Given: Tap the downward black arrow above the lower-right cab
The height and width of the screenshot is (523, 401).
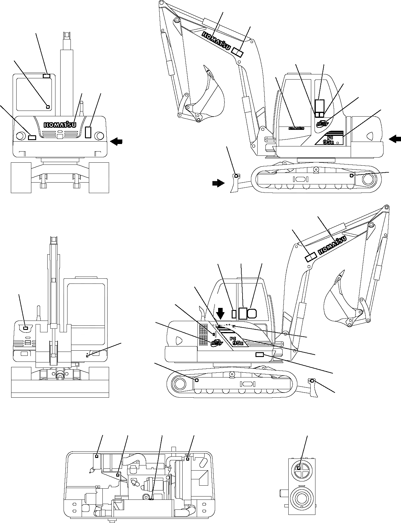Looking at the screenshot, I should (x=221, y=313).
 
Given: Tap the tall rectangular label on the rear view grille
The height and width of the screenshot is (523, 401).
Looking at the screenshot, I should (x=88, y=132).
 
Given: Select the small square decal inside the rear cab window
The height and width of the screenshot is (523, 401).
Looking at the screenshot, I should (x=48, y=106).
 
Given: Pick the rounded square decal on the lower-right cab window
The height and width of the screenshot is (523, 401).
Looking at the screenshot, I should (x=252, y=313).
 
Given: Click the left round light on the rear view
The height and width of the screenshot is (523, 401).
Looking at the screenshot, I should (x=21, y=136).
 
